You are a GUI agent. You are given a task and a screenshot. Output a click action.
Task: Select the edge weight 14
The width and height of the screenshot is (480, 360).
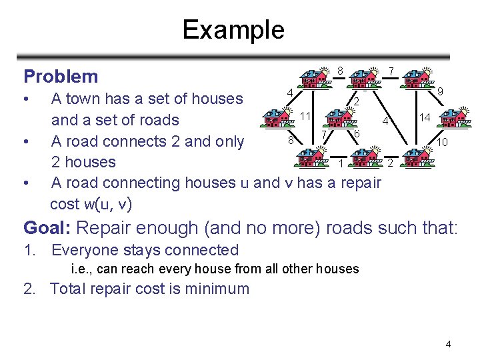point(424,118)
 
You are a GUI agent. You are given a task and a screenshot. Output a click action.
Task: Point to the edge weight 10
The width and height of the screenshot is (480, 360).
point(442,143)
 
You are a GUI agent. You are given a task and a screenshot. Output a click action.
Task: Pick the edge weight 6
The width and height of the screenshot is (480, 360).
point(357,135)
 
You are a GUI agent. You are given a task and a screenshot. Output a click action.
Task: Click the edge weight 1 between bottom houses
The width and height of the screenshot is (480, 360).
point(341,164)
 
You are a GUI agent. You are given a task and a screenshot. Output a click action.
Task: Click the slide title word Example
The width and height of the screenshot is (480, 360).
point(233,30)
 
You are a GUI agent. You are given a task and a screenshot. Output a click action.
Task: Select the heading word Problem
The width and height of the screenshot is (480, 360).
point(61,76)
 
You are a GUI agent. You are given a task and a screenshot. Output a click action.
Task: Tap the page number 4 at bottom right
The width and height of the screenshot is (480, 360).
point(449,344)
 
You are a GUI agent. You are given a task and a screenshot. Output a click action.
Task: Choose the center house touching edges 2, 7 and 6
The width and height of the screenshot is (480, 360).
point(341,119)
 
